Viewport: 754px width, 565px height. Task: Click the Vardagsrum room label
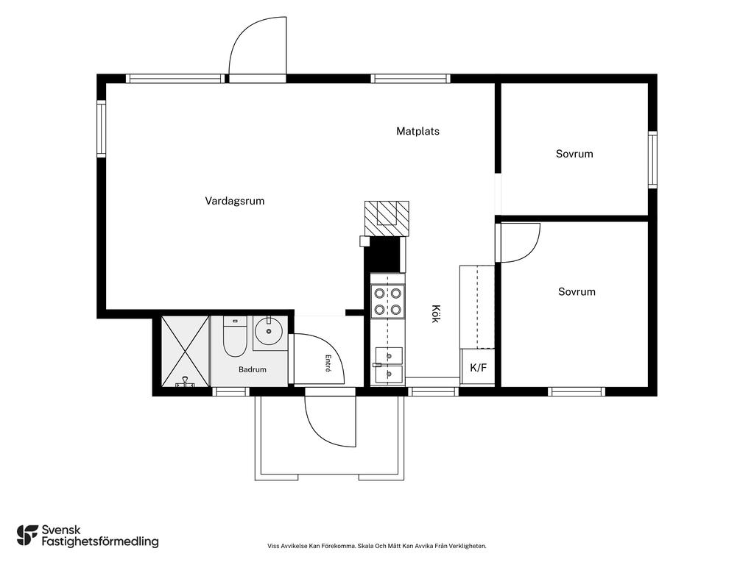coord(235,202)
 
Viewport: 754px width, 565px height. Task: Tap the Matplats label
coord(418,131)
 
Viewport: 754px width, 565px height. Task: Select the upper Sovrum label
coord(574,154)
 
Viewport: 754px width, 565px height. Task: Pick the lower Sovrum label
coord(577,291)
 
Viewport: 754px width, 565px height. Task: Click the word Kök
coord(435,313)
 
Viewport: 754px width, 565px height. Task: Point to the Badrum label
coord(253,369)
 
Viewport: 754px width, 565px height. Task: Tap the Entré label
coord(328,363)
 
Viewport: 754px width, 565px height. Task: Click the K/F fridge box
coord(478,368)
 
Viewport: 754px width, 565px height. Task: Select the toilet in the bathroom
coord(235,336)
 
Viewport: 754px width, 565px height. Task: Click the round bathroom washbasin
coord(269,330)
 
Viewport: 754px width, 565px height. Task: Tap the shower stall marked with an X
coord(185,351)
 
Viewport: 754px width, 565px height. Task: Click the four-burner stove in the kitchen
coord(387,301)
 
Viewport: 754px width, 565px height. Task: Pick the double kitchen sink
coord(389,366)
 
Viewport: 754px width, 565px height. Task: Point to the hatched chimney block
coord(387,218)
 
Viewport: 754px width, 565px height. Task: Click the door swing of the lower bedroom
coord(520,243)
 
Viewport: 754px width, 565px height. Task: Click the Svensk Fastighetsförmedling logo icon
coord(27,536)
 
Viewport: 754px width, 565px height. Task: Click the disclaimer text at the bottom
coord(377,546)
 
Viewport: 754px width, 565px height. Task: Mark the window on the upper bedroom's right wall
coord(652,160)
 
